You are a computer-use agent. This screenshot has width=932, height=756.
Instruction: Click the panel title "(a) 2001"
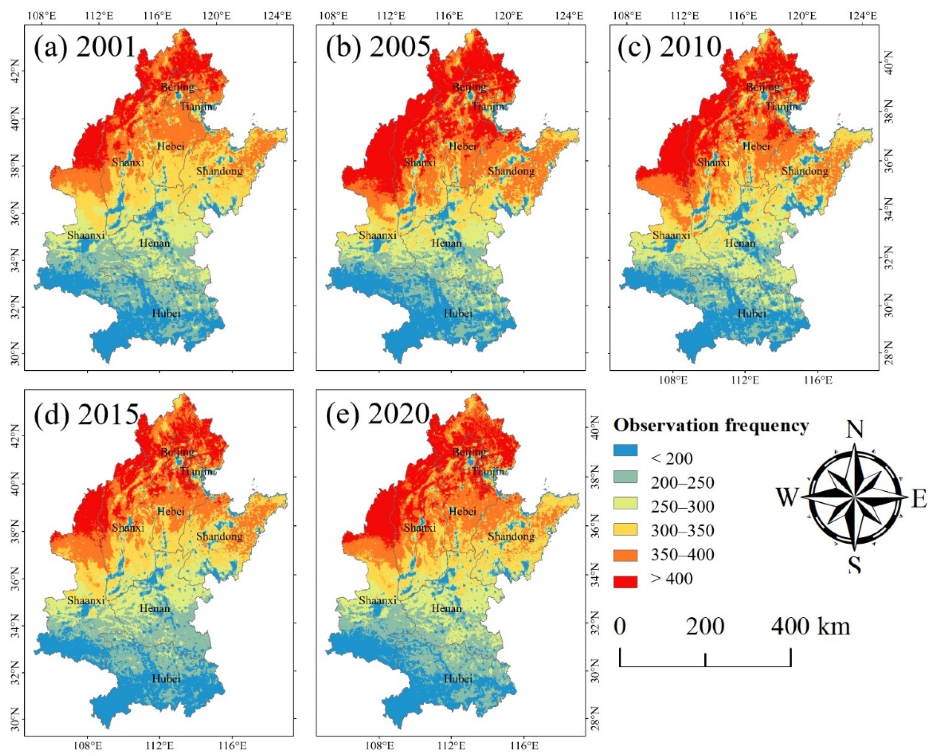[85, 47]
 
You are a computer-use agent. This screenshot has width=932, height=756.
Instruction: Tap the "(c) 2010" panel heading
[670, 47]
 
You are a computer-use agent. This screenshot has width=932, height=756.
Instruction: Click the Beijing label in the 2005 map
[469, 87]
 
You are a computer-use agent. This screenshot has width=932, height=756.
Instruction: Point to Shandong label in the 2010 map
[805, 171]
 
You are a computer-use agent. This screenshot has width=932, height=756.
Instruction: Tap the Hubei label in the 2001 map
[166, 313]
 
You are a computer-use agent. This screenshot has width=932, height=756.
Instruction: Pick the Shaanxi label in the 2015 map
[86, 600]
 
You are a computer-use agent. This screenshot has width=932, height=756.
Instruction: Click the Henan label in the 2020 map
[446, 608]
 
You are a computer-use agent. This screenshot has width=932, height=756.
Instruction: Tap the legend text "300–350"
[683, 531]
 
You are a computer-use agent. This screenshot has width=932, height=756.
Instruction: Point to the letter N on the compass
[855, 431]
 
